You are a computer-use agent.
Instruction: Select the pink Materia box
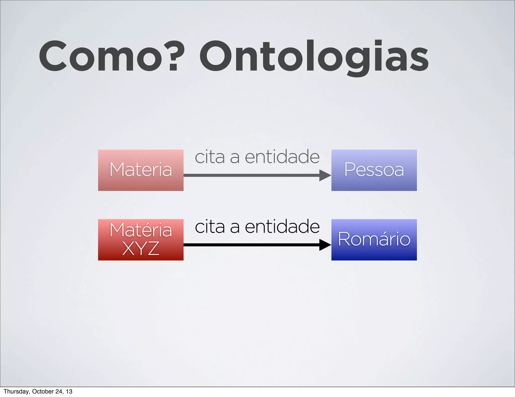[141, 170]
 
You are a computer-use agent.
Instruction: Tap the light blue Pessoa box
[374, 170]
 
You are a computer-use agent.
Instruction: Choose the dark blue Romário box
[374, 240]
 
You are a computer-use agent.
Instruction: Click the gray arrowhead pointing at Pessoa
[325, 175]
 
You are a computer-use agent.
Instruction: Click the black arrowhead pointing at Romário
[325, 245]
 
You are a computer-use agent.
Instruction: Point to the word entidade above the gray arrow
[282, 157]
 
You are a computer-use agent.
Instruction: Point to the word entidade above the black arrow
[282, 226]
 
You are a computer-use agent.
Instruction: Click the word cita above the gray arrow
[210, 157]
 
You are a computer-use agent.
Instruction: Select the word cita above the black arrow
[210, 226]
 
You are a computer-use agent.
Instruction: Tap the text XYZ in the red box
[141, 249]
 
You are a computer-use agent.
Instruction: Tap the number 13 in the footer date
[69, 391]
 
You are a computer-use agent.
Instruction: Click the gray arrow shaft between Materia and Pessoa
[251, 175]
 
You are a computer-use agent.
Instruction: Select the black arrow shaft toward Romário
[251, 245]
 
